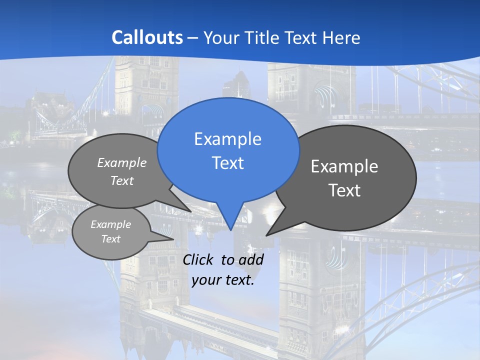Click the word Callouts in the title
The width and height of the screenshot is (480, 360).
(147, 37)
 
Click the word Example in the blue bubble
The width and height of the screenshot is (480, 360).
(227, 139)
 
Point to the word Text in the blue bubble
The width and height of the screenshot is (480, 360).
(227, 163)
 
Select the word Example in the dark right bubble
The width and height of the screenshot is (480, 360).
(344, 166)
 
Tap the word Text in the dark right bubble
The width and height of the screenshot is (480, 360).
(344, 190)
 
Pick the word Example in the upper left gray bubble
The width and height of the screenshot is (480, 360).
(122, 162)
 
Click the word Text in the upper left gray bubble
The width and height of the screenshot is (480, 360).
(122, 180)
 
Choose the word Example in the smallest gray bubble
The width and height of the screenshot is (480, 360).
(110, 224)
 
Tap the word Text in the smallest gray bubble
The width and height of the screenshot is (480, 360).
(110, 239)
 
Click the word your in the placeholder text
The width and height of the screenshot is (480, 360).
(206, 280)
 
